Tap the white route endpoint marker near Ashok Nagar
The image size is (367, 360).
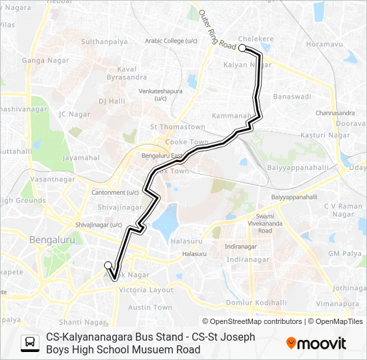click(107, 265)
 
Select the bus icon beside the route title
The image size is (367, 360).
click(30, 343)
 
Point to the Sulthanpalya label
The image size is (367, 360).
click(104, 41)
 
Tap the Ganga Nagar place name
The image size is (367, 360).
click(42, 60)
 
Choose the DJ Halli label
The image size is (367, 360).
click(111, 101)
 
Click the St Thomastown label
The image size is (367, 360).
click(177, 127)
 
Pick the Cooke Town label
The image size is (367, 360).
click(187, 142)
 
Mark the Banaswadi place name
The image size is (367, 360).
click(292, 96)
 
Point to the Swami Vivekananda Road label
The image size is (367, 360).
click(265, 223)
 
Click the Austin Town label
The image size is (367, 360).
click(149, 307)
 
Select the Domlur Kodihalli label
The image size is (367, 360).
click(256, 303)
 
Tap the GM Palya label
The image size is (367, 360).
click(344, 253)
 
